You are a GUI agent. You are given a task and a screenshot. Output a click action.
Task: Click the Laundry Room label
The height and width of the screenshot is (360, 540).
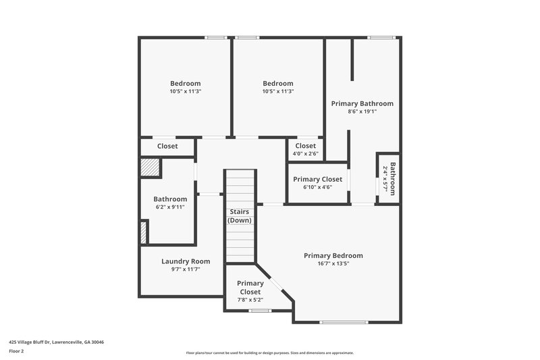click(185, 261)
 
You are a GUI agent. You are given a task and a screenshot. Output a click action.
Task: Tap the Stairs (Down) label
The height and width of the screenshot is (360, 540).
click(240, 216)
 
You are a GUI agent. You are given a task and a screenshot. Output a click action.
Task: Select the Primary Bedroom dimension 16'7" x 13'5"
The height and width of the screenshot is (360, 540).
click(333, 264)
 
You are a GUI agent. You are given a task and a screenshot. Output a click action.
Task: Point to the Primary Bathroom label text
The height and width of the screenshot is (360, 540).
click(362, 103)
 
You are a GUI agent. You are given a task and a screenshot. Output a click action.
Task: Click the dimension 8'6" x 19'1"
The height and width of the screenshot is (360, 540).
click(362, 111)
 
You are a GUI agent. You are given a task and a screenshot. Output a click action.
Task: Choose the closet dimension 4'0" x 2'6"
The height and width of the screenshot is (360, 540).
click(305, 153)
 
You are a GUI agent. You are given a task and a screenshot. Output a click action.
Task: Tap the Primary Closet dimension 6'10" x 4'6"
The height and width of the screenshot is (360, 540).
click(317, 187)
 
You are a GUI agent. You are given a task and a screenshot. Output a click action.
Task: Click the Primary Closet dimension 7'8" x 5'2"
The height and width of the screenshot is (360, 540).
click(250, 299)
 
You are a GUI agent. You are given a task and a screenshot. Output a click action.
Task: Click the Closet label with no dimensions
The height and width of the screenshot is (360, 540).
click(167, 146)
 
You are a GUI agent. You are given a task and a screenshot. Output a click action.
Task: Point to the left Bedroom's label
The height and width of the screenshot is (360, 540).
click(185, 83)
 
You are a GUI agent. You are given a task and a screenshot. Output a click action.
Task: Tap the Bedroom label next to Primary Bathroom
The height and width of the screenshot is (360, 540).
click(278, 83)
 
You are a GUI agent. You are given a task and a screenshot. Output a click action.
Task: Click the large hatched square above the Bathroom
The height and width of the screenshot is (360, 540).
click(151, 167)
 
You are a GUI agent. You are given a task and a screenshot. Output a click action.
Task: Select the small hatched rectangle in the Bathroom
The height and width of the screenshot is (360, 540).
click(143, 232)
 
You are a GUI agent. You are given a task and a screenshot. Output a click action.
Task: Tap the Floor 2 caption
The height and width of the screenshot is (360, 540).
click(16, 351)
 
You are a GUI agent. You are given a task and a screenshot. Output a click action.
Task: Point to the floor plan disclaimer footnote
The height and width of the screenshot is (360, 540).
click(269, 353)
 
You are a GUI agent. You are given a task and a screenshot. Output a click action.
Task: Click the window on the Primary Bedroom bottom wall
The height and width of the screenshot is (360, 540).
click(345, 322)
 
